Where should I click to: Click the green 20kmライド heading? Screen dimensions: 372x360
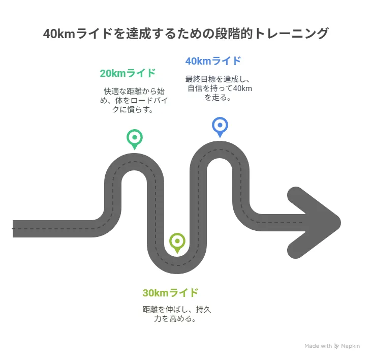point(128,73)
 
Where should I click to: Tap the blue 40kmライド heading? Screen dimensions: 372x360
point(213,61)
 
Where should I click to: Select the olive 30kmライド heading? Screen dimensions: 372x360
point(170,292)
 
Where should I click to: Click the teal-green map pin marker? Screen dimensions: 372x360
point(135,139)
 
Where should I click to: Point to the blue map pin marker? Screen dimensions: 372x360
point(220,127)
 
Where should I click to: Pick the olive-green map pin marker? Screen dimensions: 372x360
point(177,243)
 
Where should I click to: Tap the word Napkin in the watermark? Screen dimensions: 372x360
point(351,346)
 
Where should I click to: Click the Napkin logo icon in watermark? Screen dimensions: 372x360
point(336,346)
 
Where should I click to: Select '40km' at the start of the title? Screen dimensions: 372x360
point(59,34)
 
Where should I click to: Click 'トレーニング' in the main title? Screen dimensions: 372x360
point(291,34)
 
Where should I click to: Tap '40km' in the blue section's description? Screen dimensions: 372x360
point(242,88)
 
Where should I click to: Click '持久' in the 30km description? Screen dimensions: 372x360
point(203,310)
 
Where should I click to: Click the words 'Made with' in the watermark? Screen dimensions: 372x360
point(318,346)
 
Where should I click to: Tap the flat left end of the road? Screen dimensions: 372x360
point(13,229)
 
